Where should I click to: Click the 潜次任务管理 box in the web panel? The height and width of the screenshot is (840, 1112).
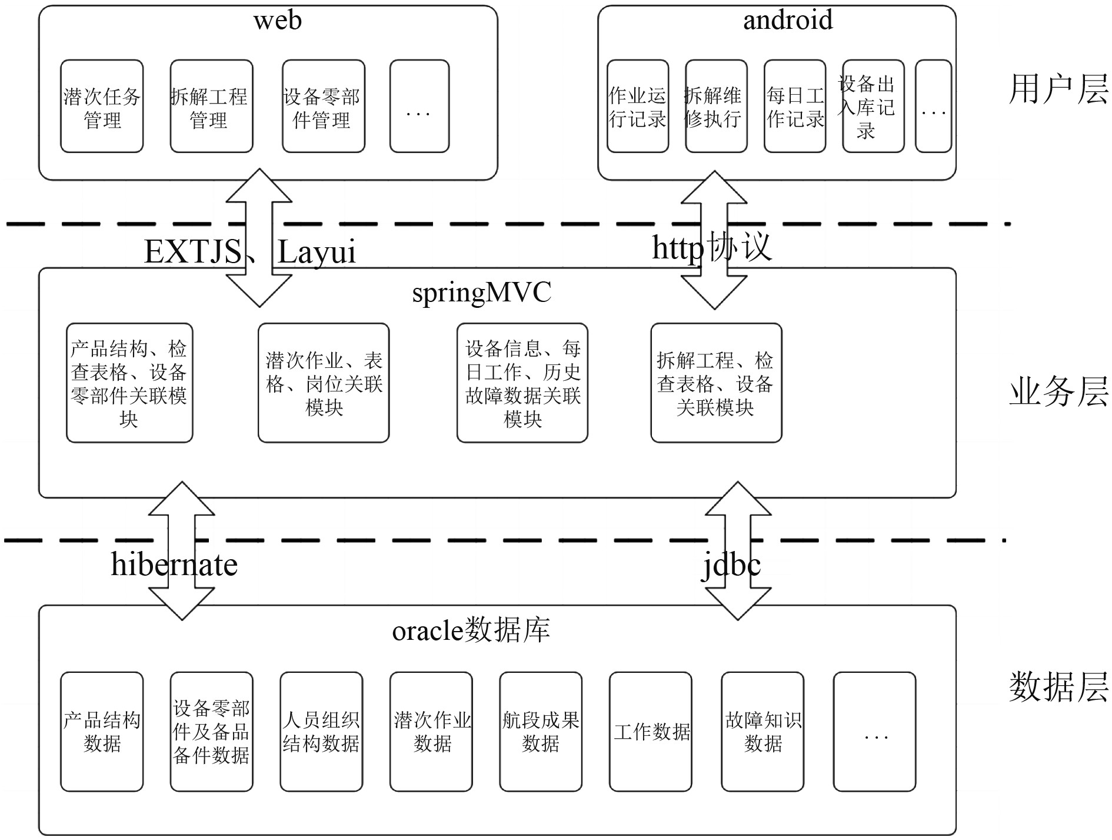pyautogui.click(x=102, y=107)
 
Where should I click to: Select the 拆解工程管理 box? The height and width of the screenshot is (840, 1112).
pyautogui.click(x=211, y=107)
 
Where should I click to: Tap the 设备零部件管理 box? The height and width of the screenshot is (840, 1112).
pyautogui.click(x=323, y=107)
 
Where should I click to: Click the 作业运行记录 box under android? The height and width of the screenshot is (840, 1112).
pyautogui.click(x=638, y=107)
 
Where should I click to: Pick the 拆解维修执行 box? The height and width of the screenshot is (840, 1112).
pyautogui.click(x=716, y=107)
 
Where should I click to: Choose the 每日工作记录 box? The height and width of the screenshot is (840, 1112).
pyautogui.click(x=795, y=107)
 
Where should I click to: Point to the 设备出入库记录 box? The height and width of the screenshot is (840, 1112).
pyautogui.click(x=873, y=107)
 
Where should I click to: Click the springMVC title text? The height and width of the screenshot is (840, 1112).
pyautogui.click(x=481, y=293)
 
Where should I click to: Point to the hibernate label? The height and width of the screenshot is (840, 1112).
pyautogui.click(x=174, y=565)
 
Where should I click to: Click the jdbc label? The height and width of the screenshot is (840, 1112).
pyautogui.click(x=731, y=566)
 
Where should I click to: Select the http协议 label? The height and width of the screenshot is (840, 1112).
pyautogui.click(x=711, y=247)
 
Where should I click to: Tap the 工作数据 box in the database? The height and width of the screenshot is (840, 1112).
pyautogui.click(x=651, y=732)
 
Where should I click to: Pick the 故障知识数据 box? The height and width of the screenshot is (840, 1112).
pyautogui.click(x=763, y=732)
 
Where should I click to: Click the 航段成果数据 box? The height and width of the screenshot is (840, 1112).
pyautogui.click(x=541, y=732)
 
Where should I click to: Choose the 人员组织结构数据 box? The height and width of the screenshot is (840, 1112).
pyautogui.click(x=321, y=732)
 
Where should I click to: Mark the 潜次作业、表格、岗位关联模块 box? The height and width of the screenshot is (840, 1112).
pyautogui.click(x=324, y=383)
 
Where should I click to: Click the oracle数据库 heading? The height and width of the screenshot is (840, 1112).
pyautogui.click(x=471, y=630)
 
